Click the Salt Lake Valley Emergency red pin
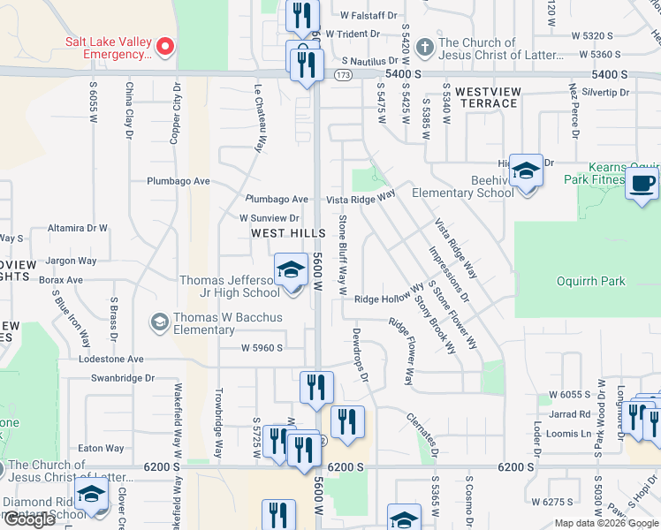[x=163, y=46]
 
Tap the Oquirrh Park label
[x=591, y=282]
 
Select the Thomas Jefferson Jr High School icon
[x=291, y=269]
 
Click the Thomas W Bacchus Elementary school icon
[x=160, y=320]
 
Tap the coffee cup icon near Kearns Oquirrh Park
[x=641, y=185]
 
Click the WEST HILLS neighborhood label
[x=280, y=233]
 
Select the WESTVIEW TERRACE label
[x=486, y=97]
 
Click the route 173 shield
[x=343, y=77]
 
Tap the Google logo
[x=29, y=519]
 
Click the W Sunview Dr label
[x=270, y=217]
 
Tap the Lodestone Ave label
[x=110, y=360]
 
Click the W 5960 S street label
[x=262, y=348]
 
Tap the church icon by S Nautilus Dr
[x=424, y=46]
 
